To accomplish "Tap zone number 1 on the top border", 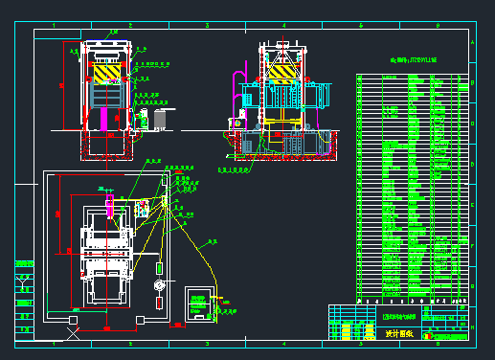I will click(53, 24).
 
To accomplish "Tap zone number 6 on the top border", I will click(438, 24).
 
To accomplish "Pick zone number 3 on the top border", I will click(206, 24).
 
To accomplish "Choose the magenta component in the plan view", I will click(110, 205).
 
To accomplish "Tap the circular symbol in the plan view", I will click(159, 284).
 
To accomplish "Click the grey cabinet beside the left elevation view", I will click(159, 117).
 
